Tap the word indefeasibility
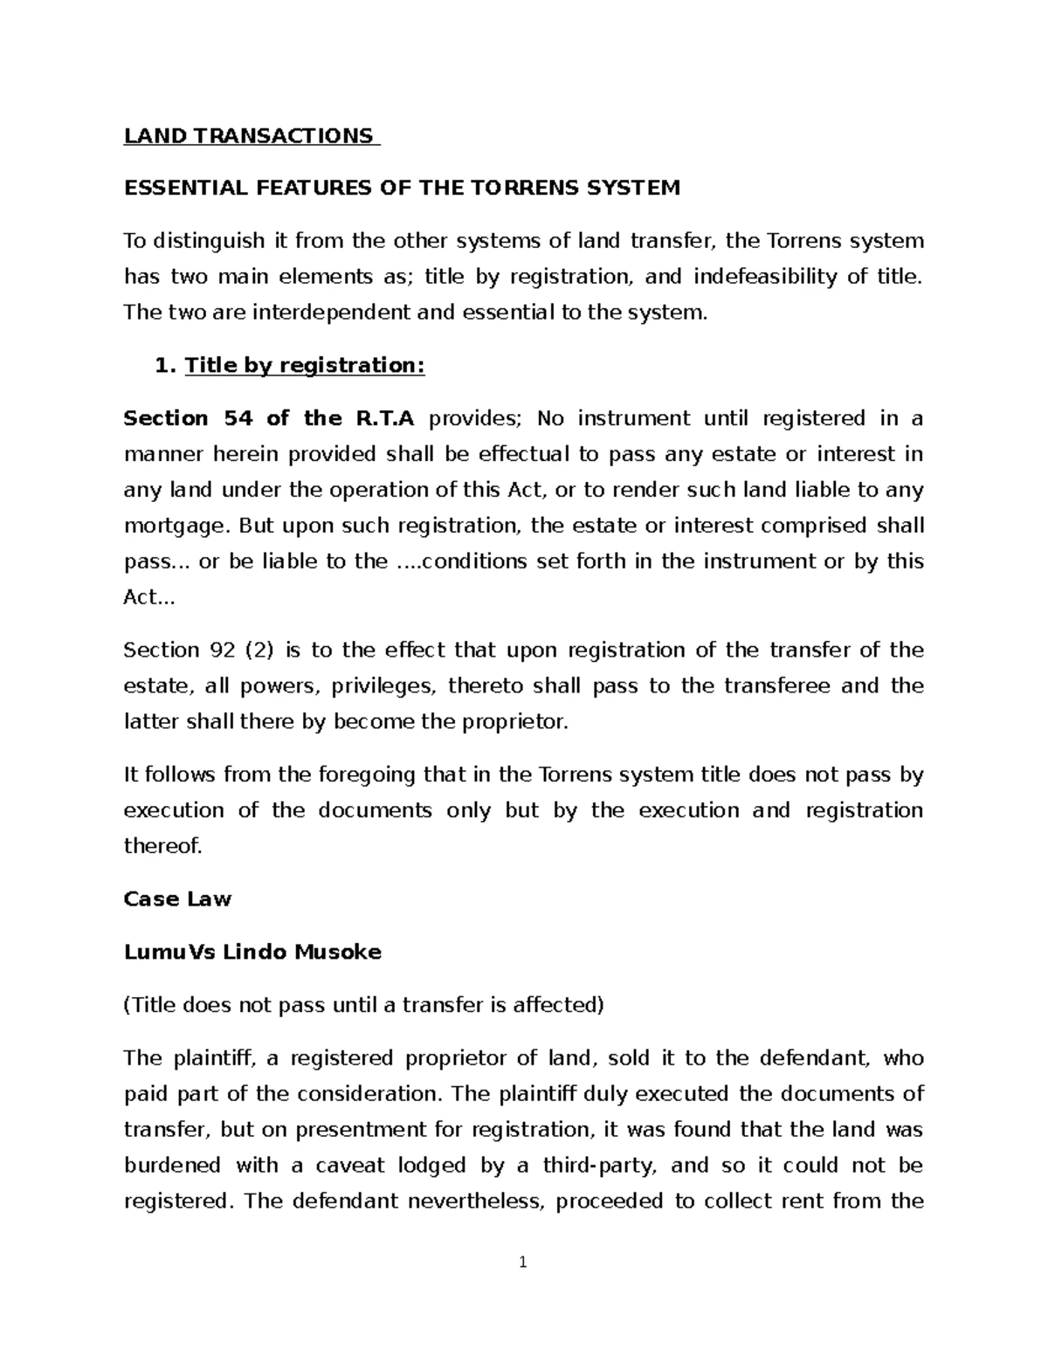[x=762, y=277]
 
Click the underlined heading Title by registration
[x=303, y=366]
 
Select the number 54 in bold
[x=238, y=419]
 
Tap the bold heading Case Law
[x=177, y=899]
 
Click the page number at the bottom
[x=523, y=1263]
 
